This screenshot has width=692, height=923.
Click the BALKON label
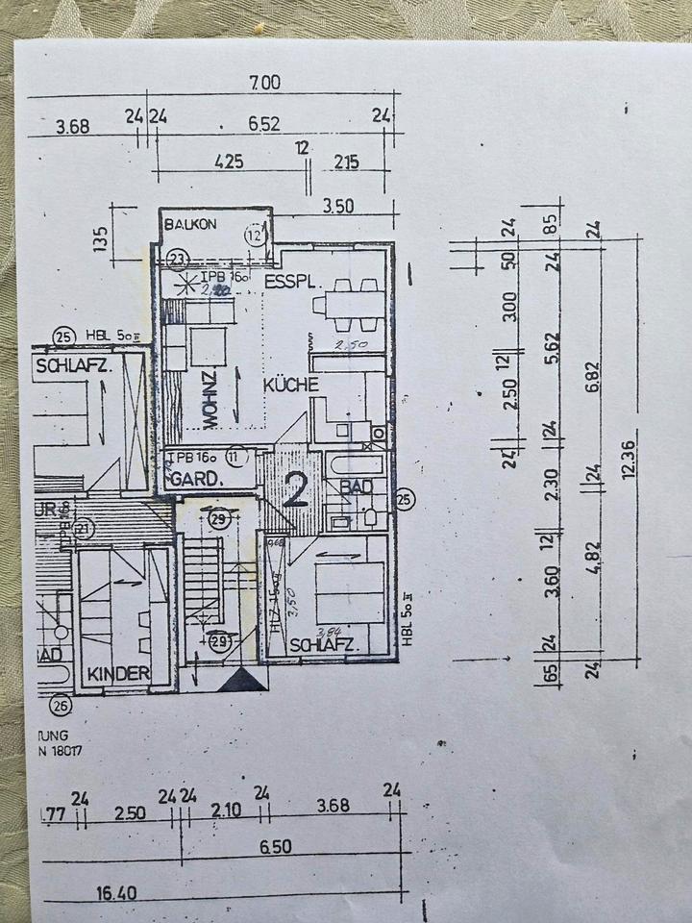pos(191,224)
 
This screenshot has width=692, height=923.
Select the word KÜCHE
pos(291,384)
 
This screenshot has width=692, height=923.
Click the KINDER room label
pos(118,674)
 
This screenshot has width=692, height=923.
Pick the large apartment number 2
pos(296,490)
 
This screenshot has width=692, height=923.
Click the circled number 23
pos(176,258)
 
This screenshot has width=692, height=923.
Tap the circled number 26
pos(62,707)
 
